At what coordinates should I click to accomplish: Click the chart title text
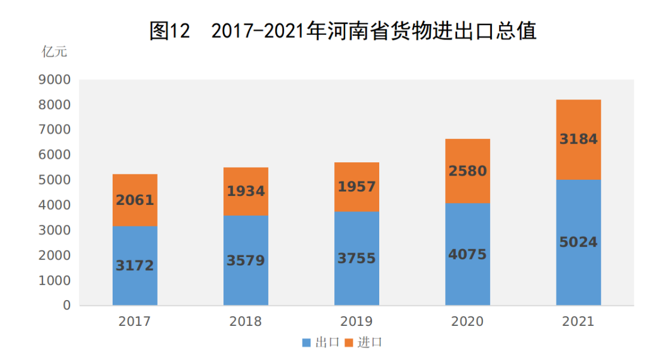click(342, 31)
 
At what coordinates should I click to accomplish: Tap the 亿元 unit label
click(55, 52)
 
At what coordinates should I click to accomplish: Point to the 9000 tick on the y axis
click(55, 80)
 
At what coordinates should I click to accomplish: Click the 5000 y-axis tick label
click(55, 180)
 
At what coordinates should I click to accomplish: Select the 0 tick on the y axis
click(66, 305)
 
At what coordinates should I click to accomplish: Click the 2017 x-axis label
click(135, 322)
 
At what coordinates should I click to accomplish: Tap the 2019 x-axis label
click(356, 322)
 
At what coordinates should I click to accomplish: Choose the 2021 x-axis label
click(578, 322)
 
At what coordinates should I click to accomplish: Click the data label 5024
click(578, 243)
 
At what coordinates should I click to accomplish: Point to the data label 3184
click(578, 140)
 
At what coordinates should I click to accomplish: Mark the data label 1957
click(356, 187)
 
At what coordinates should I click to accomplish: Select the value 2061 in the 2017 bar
click(135, 200)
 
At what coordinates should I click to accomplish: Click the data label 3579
click(246, 261)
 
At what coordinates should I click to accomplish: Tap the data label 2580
click(467, 171)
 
